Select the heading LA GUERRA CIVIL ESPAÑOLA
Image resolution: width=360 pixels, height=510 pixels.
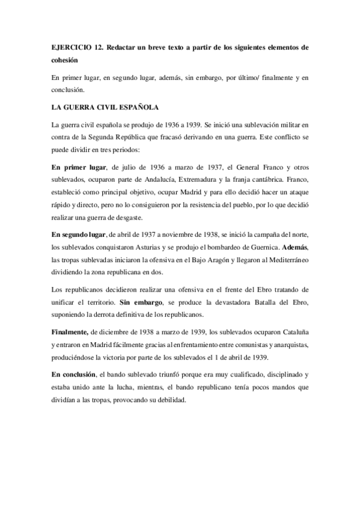tap(105, 108)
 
